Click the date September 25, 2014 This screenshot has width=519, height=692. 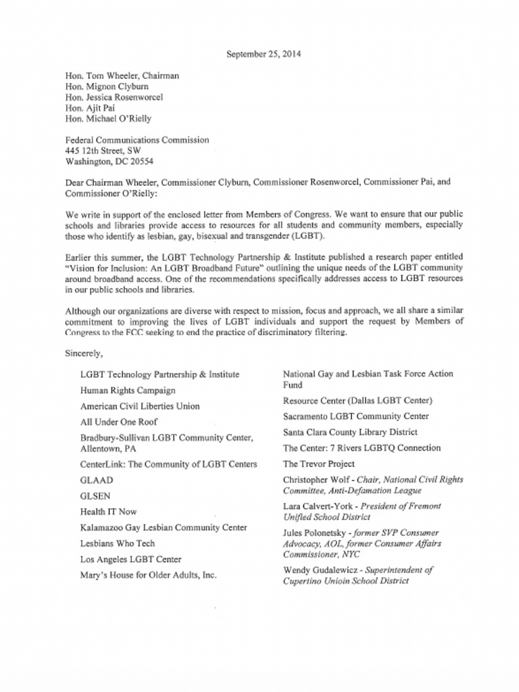tap(259, 54)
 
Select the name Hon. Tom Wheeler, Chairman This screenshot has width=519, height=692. tap(122, 76)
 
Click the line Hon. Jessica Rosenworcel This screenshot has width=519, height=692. tap(114, 97)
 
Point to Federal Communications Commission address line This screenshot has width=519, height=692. tap(137, 140)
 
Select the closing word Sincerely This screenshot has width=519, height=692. tap(83, 353)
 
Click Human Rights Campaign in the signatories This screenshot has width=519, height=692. tap(128, 391)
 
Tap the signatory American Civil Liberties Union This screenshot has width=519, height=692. tap(140, 407)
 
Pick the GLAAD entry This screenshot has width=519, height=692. tap(97, 480)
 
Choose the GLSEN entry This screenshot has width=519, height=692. tap(95, 496)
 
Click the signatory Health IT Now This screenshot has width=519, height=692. tap(108, 512)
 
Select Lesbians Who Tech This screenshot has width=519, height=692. tap(118, 543)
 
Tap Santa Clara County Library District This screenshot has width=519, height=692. tap(350, 432)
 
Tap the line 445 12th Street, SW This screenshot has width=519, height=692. tap(103, 151)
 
